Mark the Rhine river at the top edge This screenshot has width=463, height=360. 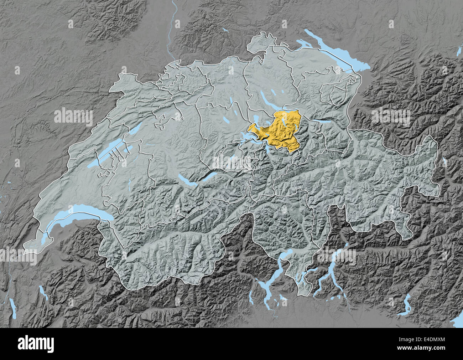point(173,21)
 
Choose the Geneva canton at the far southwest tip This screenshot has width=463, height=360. point(30,246)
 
